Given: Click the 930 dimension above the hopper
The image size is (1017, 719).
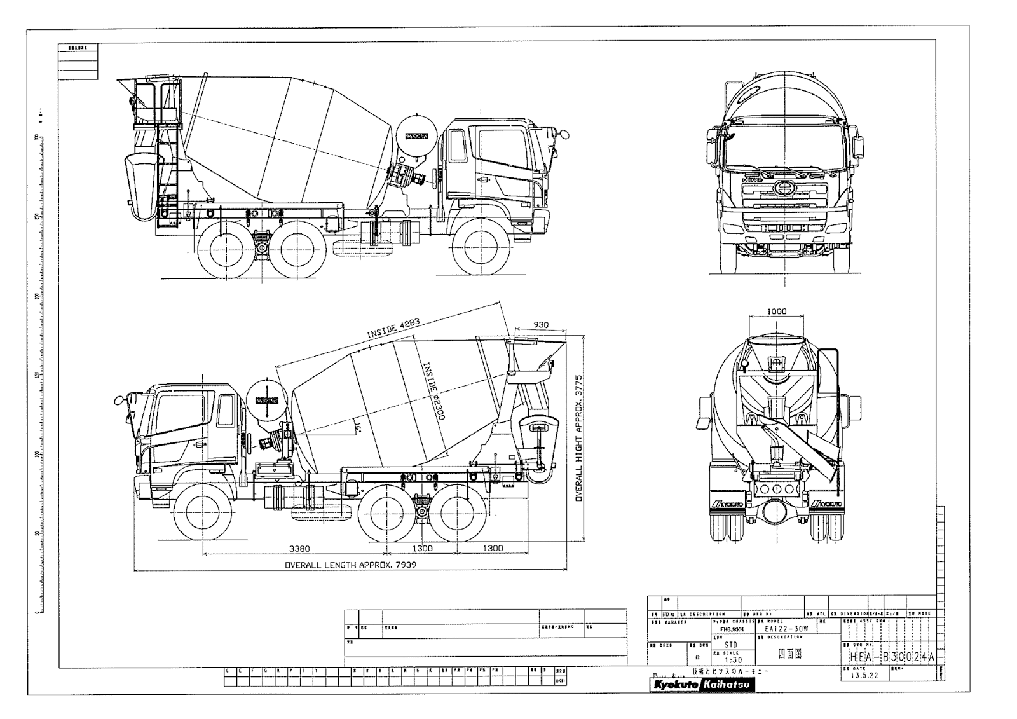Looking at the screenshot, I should tap(540, 325).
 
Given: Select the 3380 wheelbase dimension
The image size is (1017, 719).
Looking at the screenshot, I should tap(299, 548).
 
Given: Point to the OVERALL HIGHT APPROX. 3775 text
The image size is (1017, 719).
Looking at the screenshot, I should tap(579, 437).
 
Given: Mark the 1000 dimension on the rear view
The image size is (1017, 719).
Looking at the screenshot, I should tap(776, 312).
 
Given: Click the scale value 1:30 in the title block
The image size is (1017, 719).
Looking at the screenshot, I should tap(732, 660).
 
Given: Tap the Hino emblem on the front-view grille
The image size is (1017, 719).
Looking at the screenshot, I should tap(784, 188).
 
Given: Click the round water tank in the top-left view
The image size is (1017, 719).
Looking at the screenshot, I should tap(416, 137).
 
